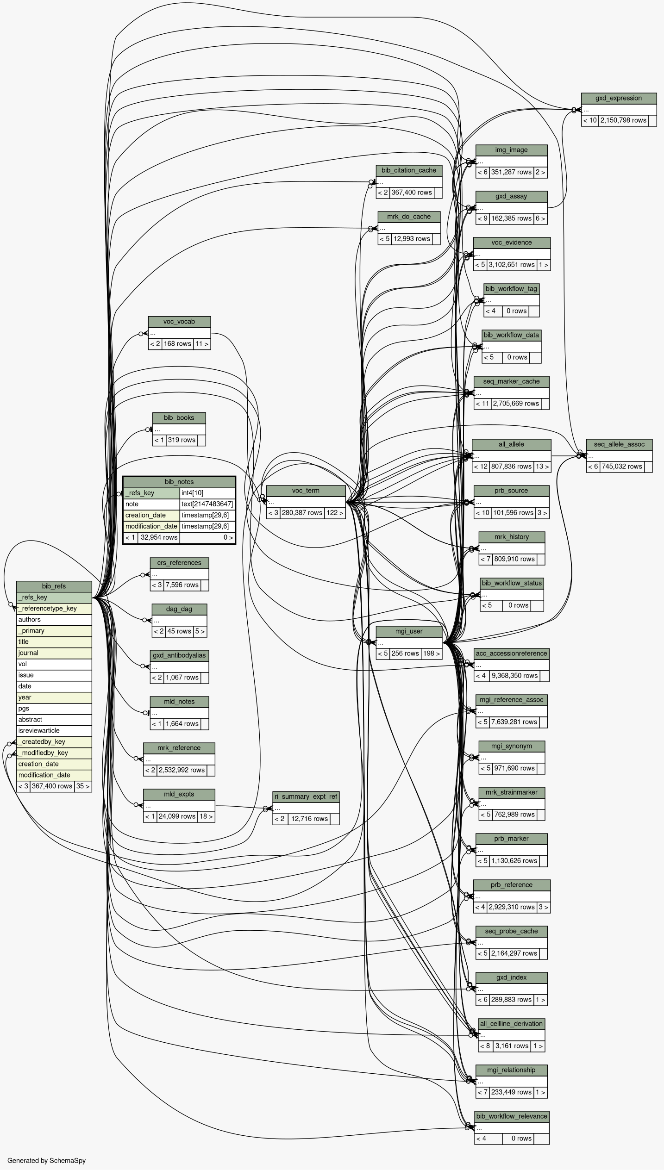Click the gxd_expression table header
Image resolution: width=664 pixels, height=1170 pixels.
coord(619,98)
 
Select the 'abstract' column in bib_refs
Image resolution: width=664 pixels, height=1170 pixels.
coord(54,719)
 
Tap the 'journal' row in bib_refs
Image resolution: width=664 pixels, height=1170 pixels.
coord(54,653)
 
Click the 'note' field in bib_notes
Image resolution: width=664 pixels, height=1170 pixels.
coord(151,504)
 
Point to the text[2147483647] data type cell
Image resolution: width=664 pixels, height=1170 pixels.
coord(207,504)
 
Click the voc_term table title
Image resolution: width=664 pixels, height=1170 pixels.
coord(306,491)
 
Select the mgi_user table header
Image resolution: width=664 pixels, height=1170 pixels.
coord(409,631)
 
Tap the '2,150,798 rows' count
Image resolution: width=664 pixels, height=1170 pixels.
coord(623,120)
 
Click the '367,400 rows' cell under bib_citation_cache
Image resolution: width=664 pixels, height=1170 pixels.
coord(412,193)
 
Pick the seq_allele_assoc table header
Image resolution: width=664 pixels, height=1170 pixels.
coord(619,444)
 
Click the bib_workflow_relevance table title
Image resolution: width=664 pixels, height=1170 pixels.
coord(512,1116)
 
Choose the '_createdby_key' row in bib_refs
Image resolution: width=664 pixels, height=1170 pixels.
coord(54,741)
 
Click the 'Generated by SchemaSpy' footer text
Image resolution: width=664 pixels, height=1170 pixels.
coord(46,1160)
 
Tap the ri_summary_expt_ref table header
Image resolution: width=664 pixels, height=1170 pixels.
coord(306,797)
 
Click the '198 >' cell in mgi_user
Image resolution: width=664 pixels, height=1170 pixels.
coord(432,653)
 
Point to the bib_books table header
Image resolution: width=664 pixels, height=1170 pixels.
coord(179,418)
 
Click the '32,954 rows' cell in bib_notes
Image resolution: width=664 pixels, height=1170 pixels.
coord(159,537)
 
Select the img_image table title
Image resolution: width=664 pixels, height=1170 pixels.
coord(511,150)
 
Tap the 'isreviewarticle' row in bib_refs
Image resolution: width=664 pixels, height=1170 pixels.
coord(54,730)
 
